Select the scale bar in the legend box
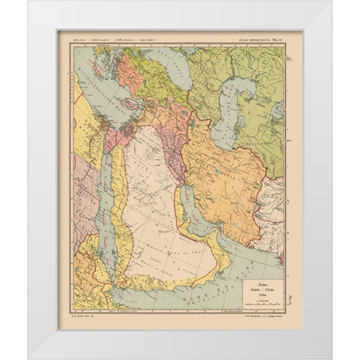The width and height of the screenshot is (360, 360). [x=262, y=304]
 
